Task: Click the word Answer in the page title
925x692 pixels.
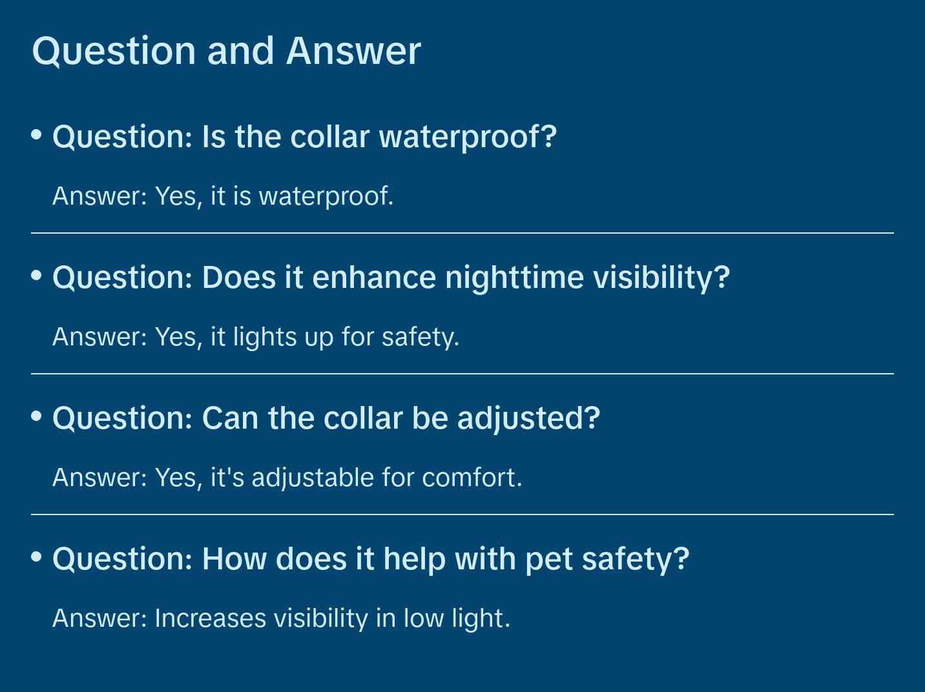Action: point(353,50)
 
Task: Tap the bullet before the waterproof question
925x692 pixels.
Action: point(37,134)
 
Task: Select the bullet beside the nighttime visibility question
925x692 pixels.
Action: point(37,275)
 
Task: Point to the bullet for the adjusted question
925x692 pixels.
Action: point(37,416)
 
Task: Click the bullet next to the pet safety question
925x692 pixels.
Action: point(37,556)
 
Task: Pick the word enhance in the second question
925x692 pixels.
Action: point(374,278)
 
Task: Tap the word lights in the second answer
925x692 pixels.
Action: point(261,337)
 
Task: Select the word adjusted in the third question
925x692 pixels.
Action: point(528,418)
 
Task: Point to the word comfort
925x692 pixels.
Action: point(472,478)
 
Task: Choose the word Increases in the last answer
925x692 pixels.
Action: point(210,618)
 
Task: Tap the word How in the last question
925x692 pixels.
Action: point(234,559)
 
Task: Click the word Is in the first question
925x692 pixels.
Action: point(213,137)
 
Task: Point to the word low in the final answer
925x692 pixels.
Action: point(423,618)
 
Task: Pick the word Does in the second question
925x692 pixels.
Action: point(238,278)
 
